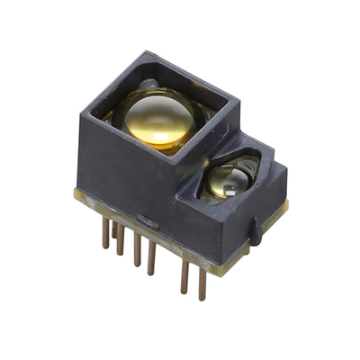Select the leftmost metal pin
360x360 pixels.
click(105, 232)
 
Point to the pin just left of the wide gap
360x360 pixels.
click(151, 256)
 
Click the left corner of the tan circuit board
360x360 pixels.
click(76, 192)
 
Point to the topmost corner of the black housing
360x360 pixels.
click(149, 52)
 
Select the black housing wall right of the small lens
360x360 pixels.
click(270, 193)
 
